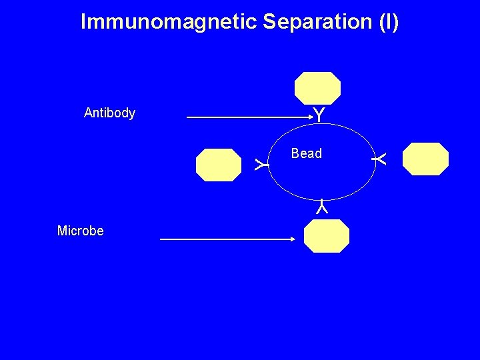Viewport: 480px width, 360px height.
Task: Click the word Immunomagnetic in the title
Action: (169, 22)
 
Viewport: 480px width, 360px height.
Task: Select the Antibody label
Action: (109, 113)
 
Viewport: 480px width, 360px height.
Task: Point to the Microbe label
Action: (80, 231)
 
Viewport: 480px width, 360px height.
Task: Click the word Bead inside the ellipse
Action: (306, 153)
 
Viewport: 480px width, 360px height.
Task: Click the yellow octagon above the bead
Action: (318, 88)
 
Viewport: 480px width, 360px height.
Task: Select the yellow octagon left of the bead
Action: (218, 165)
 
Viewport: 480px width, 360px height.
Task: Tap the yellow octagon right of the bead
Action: (426, 159)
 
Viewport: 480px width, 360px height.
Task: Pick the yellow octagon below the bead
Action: (326, 235)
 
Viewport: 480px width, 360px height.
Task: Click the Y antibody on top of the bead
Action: (319, 115)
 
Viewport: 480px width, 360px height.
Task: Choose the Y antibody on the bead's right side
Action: (379, 159)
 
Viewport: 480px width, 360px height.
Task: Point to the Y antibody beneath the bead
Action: (321, 207)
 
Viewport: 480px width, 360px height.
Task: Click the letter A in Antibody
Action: (88, 113)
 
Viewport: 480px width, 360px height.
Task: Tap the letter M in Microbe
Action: (62, 231)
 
